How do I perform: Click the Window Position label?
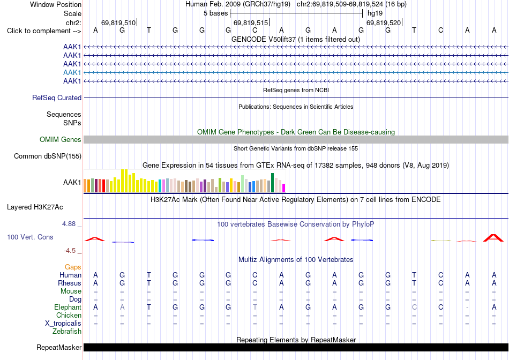click(x=56, y=4)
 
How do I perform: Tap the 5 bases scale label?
click(x=215, y=13)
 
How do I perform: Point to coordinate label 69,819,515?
click(x=251, y=22)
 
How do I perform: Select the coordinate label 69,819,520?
click(x=384, y=22)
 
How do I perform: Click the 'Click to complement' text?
click(x=39, y=31)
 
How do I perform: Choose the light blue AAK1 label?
click(x=72, y=72)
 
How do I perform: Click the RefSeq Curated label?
click(x=57, y=97)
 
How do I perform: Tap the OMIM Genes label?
click(x=60, y=140)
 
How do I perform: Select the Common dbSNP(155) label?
click(x=47, y=156)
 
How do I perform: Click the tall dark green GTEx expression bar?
click(x=272, y=183)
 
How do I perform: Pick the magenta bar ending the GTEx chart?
click(x=284, y=188)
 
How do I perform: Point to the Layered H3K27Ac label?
click(x=35, y=207)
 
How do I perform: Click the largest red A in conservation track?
click(x=493, y=238)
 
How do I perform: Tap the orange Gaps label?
click(x=73, y=267)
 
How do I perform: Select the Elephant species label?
click(x=68, y=307)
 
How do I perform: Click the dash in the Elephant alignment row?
click(x=467, y=307)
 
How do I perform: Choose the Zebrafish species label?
click(x=67, y=332)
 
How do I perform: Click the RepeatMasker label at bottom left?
click(x=59, y=347)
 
